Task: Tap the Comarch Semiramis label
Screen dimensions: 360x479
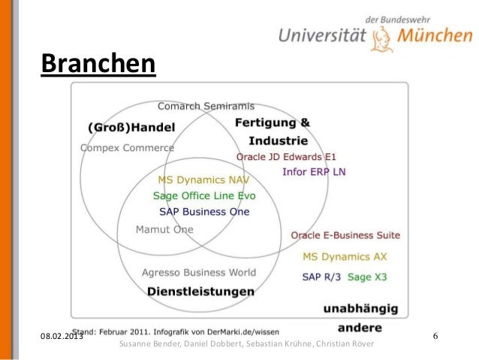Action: click(206, 105)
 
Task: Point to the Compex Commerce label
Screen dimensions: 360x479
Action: click(127, 147)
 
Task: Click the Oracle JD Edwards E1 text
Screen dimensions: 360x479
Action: click(286, 157)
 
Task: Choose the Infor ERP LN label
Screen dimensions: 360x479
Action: click(314, 171)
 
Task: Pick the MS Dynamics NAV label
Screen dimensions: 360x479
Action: click(203, 180)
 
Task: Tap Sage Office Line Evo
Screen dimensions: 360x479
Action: click(204, 195)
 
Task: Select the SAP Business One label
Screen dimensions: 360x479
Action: click(204, 211)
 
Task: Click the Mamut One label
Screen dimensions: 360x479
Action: click(164, 229)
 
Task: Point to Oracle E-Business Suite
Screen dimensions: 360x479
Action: click(345, 235)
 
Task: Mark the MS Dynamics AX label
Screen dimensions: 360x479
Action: click(345, 256)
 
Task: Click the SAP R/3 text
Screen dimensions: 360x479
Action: click(321, 277)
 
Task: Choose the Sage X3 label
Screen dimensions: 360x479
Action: click(368, 277)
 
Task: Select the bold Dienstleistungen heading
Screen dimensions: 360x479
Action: click(200, 291)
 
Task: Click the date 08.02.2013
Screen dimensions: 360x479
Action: click(62, 334)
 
